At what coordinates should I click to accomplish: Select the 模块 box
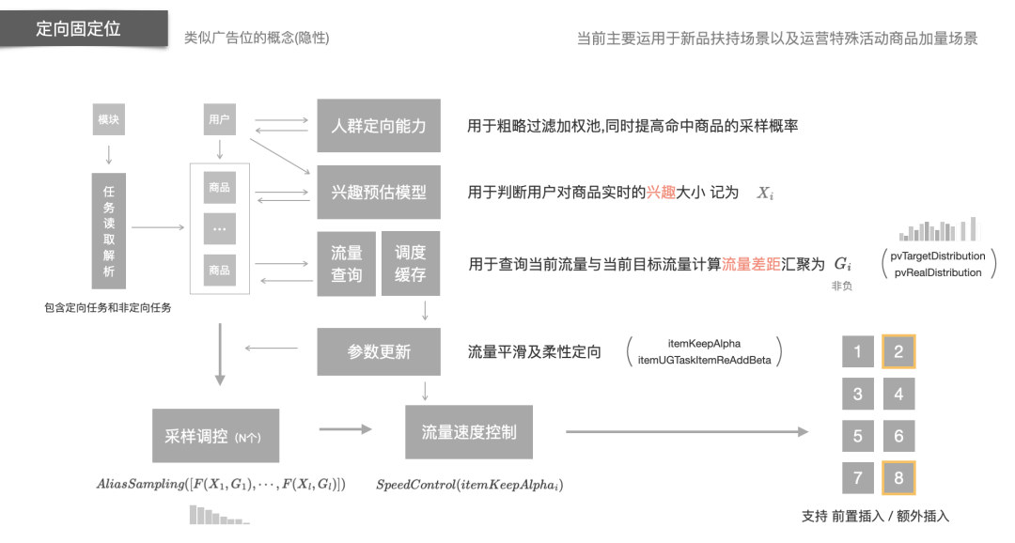click(109, 120)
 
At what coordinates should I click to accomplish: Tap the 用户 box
click(219, 120)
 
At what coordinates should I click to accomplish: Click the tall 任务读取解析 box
click(109, 230)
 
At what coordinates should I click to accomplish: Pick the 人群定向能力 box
click(378, 126)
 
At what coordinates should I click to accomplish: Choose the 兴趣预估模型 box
click(378, 192)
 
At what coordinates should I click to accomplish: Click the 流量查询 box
click(346, 263)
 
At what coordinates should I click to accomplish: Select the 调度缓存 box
click(410, 263)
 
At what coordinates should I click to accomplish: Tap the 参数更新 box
click(378, 351)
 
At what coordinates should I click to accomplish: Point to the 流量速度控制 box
click(468, 432)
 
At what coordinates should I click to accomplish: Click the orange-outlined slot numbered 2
click(898, 351)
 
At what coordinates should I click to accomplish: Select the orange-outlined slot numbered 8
click(898, 478)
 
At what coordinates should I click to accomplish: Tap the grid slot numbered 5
click(857, 436)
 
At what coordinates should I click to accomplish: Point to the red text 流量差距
click(751, 265)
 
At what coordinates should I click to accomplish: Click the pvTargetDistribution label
click(938, 256)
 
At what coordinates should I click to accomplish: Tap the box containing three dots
click(219, 228)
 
